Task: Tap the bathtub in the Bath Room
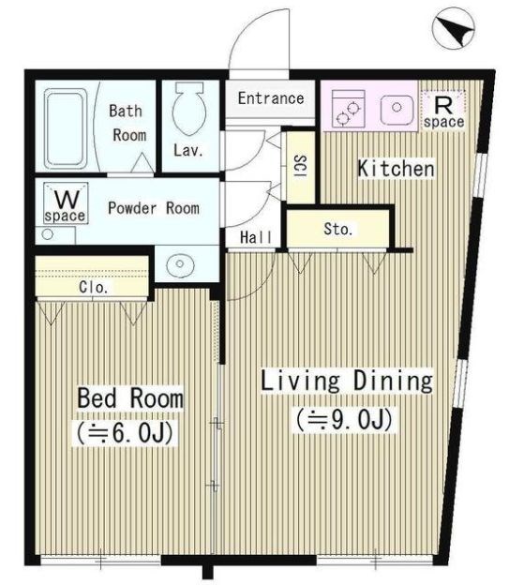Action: [x=66, y=128]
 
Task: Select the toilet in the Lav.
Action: [x=189, y=108]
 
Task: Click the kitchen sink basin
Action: [x=397, y=109]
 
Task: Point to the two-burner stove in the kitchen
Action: [x=348, y=109]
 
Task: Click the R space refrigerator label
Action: [x=443, y=112]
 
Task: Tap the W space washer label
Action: [x=66, y=206]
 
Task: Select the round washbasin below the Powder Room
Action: [x=179, y=264]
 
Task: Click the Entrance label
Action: [x=271, y=98]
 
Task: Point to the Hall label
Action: [x=256, y=237]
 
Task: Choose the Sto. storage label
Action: [x=338, y=229]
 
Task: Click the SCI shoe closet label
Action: [x=301, y=166]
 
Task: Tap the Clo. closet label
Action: [x=94, y=287]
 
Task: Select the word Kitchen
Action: [x=397, y=168]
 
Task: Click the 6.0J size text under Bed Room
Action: [x=125, y=433]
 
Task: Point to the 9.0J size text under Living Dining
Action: [x=344, y=419]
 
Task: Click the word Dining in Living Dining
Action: [x=393, y=381]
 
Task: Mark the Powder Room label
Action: [x=154, y=208]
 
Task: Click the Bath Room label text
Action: [x=127, y=123]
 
